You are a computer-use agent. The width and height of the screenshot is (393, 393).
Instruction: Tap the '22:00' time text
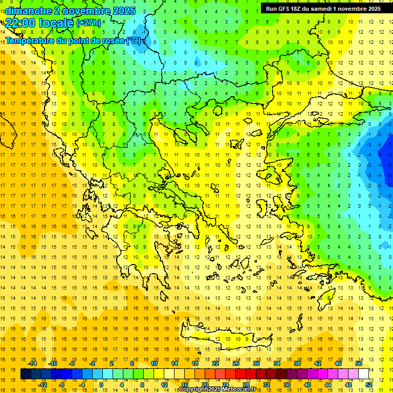point(20,23)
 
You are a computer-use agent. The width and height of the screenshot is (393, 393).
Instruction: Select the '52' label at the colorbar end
point(369,385)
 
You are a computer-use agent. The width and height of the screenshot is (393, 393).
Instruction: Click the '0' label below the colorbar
point(101,385)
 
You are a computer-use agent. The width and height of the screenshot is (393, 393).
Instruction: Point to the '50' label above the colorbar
point(359,363)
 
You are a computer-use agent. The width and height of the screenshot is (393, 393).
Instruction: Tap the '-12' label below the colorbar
point(42,385)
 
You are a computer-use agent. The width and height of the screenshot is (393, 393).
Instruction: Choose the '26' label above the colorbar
point(236,363)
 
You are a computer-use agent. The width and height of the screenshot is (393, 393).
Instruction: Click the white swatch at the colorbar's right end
point(364,374)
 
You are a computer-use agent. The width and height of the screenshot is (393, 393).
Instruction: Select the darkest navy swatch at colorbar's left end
point(26,374)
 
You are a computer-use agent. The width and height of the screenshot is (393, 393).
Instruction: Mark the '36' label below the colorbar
point(287,385)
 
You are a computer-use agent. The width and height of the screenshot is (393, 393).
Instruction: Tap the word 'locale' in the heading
point(56,23)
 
